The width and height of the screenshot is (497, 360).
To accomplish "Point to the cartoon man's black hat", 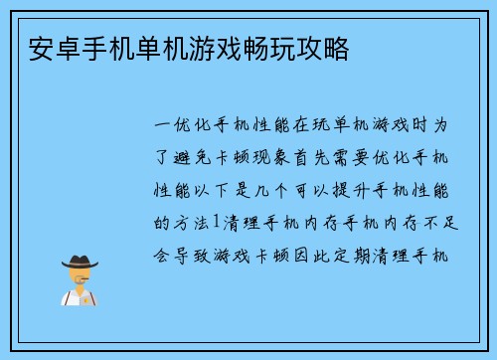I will (81, 260).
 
